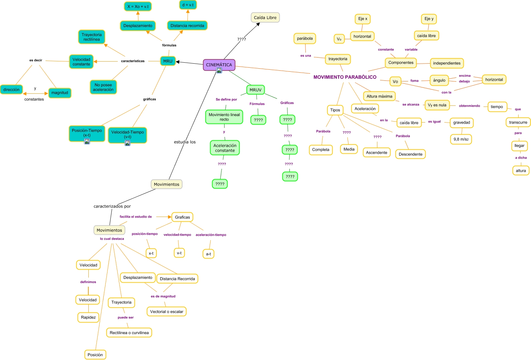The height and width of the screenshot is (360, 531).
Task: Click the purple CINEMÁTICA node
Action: (219, 64)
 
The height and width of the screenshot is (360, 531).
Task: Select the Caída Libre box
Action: (265, 18)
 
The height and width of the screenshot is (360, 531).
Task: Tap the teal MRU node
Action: (168, 61)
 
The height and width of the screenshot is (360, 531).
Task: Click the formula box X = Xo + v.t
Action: (138, 6)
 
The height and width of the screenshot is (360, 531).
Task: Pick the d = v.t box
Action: (188, 5)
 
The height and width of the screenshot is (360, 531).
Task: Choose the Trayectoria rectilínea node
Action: (92, 37)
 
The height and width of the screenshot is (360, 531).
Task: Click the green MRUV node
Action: (255, 90)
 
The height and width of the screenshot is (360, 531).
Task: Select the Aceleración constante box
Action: (225, 148)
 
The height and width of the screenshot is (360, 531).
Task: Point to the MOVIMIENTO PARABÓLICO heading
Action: (345, 77)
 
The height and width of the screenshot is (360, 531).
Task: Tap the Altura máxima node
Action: (379, 96)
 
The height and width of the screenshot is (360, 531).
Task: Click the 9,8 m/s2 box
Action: (461, 139)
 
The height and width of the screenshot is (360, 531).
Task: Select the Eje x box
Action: (362, 19)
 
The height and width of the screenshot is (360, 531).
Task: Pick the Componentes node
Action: (401, 63)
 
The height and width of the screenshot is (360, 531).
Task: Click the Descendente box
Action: (410, 154)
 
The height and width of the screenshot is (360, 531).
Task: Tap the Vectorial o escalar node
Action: (166, 311)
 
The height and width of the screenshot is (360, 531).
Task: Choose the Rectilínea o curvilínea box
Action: (129, 333)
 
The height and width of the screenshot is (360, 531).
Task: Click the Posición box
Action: (95, 355)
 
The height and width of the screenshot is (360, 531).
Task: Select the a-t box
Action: (208, 254)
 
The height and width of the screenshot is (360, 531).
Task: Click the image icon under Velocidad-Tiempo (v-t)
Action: (127, 143)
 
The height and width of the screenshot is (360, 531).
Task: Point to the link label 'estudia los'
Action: (185, 142)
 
